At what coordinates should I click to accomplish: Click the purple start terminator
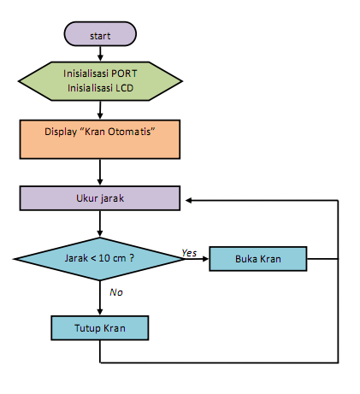100,35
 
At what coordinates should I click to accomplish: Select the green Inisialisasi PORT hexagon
100,79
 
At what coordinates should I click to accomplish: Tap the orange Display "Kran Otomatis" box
100,138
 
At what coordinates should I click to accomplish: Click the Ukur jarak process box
100,198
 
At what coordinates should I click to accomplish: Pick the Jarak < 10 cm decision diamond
100,258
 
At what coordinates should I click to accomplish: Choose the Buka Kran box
257,258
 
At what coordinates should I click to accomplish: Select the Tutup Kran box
100,328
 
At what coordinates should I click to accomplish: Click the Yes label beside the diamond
189,252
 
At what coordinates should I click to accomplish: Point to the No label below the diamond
116,292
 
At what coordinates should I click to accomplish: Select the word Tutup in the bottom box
86,328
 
